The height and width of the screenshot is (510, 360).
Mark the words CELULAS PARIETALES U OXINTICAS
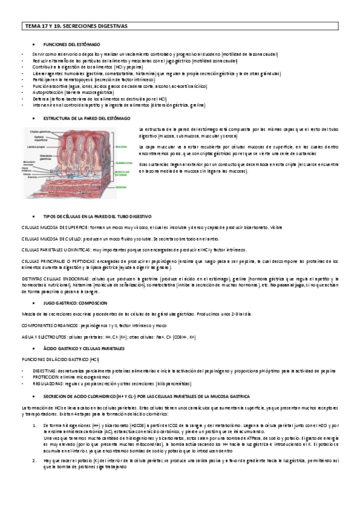click(58, 249)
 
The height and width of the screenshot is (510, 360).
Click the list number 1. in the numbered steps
click(33, 425)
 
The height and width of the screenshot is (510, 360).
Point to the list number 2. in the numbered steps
click(33, 460)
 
